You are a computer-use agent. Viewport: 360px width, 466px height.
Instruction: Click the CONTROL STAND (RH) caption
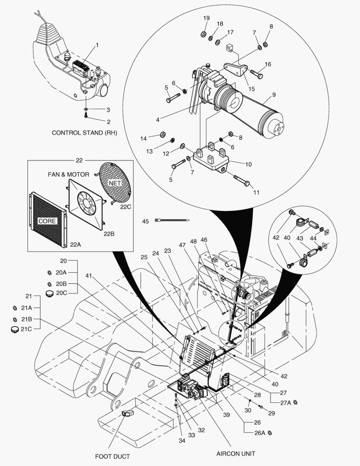85,133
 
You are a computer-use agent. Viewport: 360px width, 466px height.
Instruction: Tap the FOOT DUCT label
113,456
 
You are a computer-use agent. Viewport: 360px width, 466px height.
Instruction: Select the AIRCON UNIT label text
235,453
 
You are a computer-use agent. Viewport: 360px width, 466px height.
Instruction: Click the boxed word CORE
47,221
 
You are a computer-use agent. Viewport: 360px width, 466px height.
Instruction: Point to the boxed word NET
115,183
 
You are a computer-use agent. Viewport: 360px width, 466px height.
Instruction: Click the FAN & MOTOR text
68,174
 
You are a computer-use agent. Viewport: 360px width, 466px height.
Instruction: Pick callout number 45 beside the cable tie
145,221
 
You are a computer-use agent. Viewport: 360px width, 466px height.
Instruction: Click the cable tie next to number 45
172,220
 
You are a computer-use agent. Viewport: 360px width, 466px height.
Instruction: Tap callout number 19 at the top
206,18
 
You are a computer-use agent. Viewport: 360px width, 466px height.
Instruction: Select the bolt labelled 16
257,74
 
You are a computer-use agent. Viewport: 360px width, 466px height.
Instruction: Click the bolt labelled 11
242,180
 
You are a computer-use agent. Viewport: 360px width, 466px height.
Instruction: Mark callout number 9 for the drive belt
274,94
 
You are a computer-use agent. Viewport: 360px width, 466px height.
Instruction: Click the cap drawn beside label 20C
49,294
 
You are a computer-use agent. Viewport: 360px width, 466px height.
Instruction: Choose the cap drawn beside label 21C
14,329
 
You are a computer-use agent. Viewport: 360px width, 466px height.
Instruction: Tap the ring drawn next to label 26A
270,432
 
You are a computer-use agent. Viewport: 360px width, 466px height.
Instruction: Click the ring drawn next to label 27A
295,403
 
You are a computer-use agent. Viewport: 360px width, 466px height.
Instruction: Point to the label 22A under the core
75,245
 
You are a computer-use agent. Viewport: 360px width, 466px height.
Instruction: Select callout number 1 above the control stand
97,45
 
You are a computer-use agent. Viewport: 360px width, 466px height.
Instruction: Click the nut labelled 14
163,135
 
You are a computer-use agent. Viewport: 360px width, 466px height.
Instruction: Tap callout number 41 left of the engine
89,276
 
